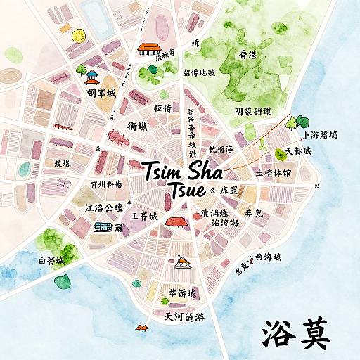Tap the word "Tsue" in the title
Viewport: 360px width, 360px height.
click(187, 190)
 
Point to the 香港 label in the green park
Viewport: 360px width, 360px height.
click(248, 55)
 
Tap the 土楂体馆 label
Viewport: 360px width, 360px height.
click(274, 172)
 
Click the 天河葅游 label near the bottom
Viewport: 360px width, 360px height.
click(184, 317)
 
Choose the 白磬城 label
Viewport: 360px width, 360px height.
click(51, 261)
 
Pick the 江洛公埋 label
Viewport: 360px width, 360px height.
click(103, 207)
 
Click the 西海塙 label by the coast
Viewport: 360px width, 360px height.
click(268, 257)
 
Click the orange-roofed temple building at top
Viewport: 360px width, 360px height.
click(148, 49)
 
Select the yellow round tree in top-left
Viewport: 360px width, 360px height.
click(77, 36)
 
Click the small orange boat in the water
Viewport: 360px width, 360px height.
click(142, 327)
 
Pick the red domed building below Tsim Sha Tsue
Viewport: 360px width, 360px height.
click(176, 221)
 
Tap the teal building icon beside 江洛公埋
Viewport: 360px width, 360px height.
click(102, 227)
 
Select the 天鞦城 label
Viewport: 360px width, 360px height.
click(293, 152)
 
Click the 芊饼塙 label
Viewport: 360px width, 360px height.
click(182, 292)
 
